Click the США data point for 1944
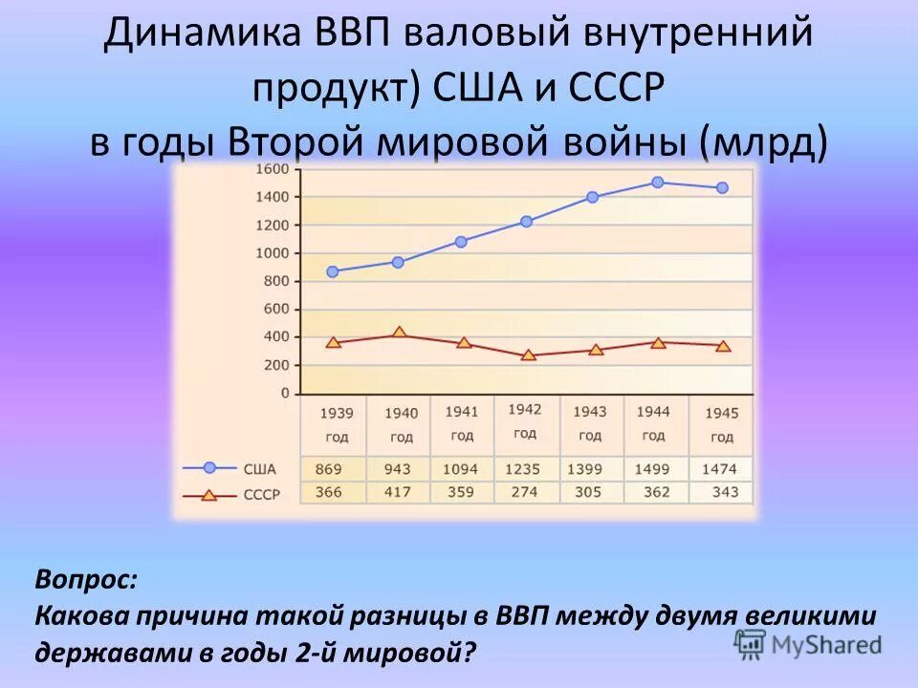[x=657, y=182]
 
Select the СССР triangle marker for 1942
[x=527, y=355]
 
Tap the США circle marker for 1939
[x=332, y=271]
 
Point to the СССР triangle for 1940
[x=398, y=333]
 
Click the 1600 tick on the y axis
[x=273, y=169]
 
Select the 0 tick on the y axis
[x=284, y=393]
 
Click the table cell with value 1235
[x=524, y=469]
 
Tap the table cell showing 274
[x=524, y=492]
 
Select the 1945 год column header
[x=722, y=425]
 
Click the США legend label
[x=260, y=469]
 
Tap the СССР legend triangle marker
[x=208, y=495]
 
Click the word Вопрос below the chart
[x=86, y=579]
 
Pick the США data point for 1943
[x=592, y=197]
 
